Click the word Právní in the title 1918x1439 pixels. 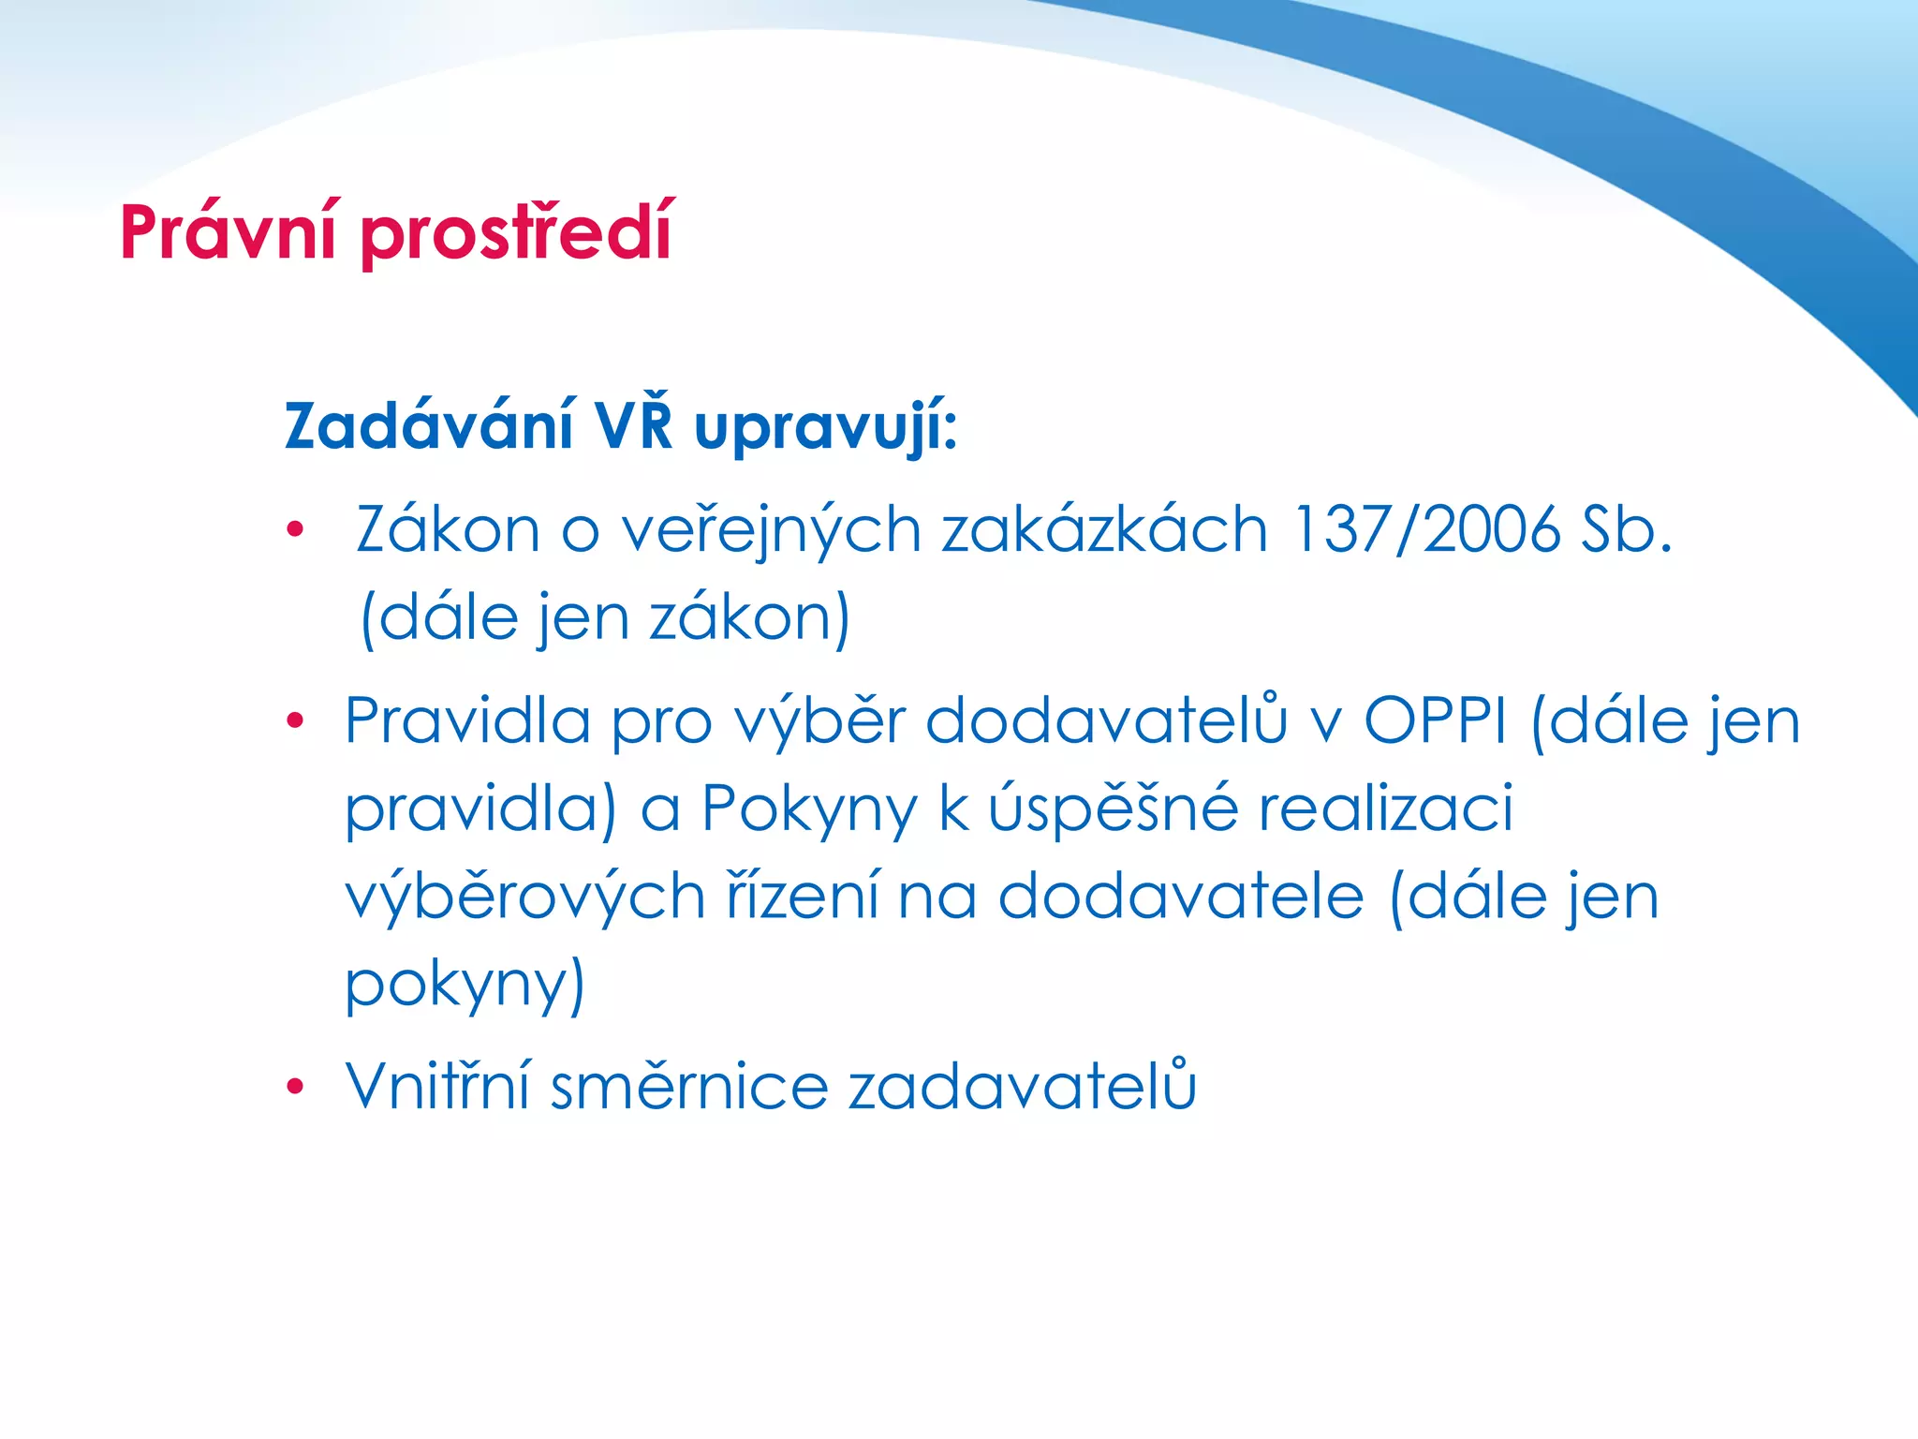pos(228,232)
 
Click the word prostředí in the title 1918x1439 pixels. pos(515,232)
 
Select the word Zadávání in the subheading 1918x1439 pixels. pos(428,426)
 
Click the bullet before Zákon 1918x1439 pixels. pos(296,530)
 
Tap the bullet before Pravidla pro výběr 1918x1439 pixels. pos(296,720)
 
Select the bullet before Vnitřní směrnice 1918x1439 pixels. pos(296,1087)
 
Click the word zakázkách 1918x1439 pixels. pos(1104,530)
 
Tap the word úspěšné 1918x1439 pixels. pos(1113,809)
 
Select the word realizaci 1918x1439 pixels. pos(1385,809)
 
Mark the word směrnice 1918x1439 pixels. pos(689,1087)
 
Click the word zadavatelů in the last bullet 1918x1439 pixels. pos(1022,1087)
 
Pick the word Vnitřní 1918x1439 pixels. pos(437,1087)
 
